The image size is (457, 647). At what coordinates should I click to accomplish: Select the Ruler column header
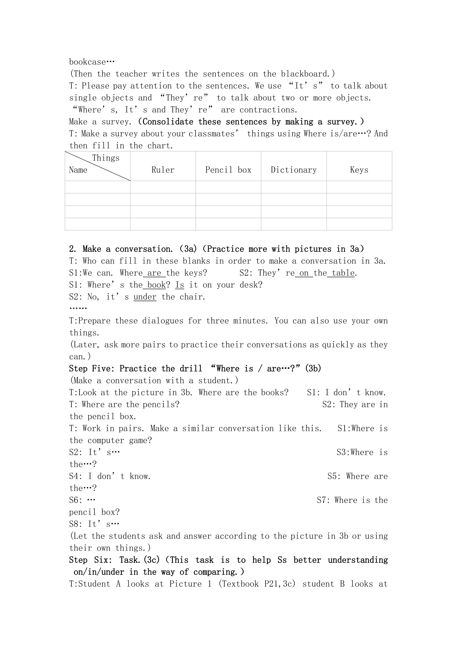[x=163, y=170]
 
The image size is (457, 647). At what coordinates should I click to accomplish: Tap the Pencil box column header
[x=228, y=170]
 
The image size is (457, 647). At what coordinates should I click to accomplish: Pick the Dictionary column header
[x=293, y=170]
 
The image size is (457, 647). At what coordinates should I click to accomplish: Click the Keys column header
[x=359, y=170]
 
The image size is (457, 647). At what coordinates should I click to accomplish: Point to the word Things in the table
[x=106, y=158]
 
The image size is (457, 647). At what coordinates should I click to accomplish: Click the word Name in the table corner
[x=78, y=170]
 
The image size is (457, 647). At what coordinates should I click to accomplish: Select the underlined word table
[x=343, y=273]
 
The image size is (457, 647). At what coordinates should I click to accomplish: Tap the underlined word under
[x=145, y=297]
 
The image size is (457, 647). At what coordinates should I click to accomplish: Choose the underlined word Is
[x=179, y=285]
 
